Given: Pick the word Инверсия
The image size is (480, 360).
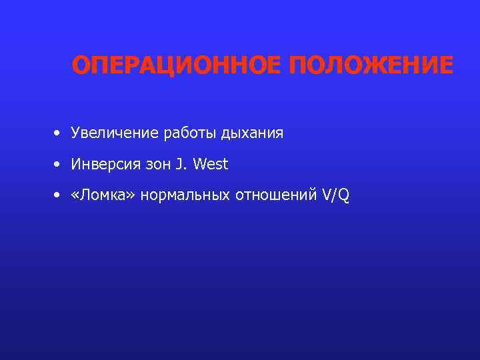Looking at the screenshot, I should [x=105, y=165].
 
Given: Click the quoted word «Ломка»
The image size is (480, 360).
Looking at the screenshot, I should [x=97, y=195].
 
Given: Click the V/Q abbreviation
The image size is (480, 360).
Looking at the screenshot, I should [x=335, y=195].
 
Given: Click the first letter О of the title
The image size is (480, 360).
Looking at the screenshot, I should [x=81, y=66].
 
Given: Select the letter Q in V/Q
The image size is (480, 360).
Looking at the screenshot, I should [x=343, y=196].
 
